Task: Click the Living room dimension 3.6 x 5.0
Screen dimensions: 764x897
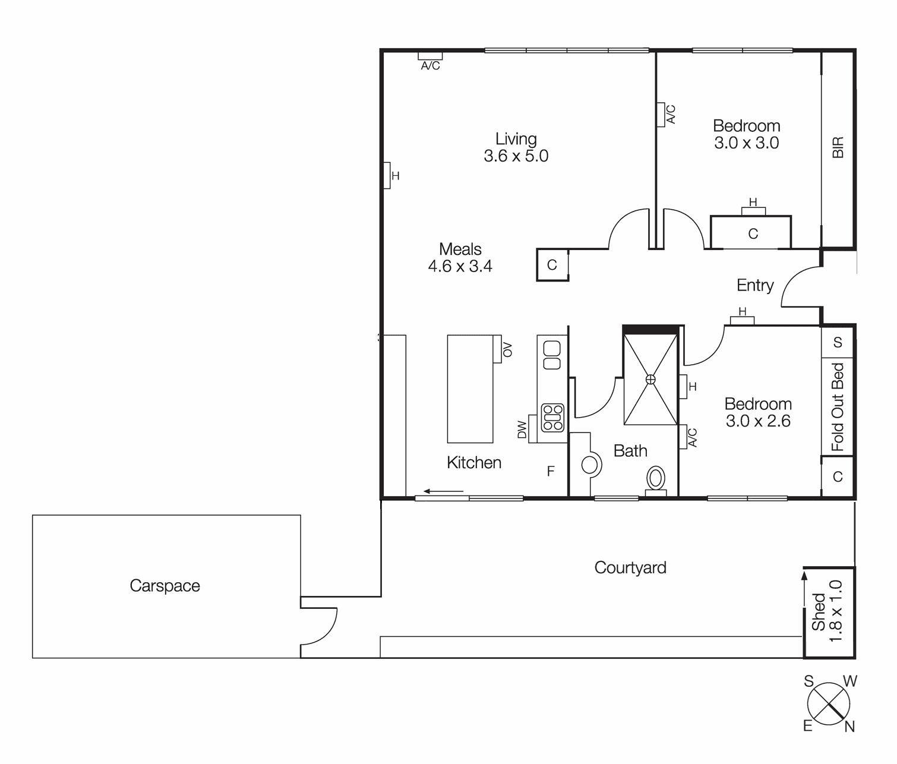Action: pyautogui.click(x=516, y=156)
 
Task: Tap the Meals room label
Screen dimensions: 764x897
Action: pyautogui.click(x=460, y=249)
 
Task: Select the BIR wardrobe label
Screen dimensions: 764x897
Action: pyautogui.click(x=838, y=147)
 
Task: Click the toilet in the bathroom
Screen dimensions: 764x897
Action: pyautogui.click(x=656, y=479)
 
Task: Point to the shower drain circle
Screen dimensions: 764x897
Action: pyautogui.click(x=650, y=379)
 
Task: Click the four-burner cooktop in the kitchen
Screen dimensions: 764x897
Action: pyautogui.click(x=552, y=417)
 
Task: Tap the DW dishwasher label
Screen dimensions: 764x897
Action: pyautogui.click(x=522, y=429)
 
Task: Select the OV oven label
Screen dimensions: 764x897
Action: pyautogui.click(x=507, y=349)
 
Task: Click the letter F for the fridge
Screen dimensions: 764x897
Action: pyautogui.click(x=551, y=472)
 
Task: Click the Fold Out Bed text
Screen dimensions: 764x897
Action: pyautogui.click(x=838, y=407)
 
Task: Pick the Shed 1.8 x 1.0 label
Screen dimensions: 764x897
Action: pyautogui.click(x=827, y=612)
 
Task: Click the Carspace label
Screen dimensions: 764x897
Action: pyautogui.click(x=165, y=586)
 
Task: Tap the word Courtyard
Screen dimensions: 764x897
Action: pyautogui.click(x=630, y=568)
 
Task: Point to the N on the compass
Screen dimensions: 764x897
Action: pyautogui.click(x=849, y=727)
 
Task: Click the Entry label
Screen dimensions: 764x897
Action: pyautogui.click(x=754, y=285)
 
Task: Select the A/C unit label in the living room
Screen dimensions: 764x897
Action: pyautogui.click(x=430, y=66)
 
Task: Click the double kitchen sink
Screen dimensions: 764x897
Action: pyautogui.click(x=552, y=355)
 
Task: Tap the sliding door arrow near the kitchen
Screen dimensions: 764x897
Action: pyautogui.click(x=443, y=491)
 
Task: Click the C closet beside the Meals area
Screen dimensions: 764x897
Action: pyautogui.click(x=552, y=265)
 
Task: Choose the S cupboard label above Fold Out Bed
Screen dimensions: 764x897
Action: pyautogui.click(x=838, y=342)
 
